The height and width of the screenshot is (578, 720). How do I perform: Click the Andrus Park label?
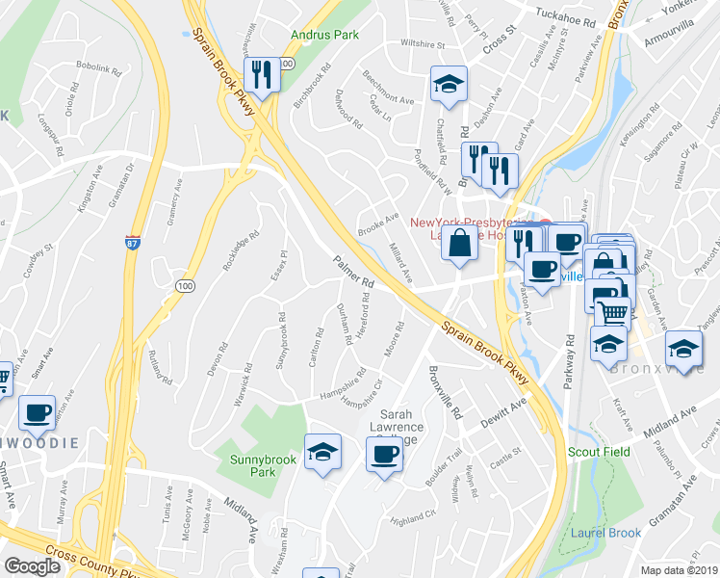(x=325, y=36)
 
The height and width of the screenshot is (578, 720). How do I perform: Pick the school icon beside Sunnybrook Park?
(x=322, y=452)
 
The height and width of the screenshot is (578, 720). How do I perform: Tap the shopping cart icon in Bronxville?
(x=612, y=310)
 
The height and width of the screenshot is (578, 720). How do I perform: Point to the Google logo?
(x=32, y=566)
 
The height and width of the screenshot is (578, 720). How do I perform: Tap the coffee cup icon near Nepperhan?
(x=38, y=411)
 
